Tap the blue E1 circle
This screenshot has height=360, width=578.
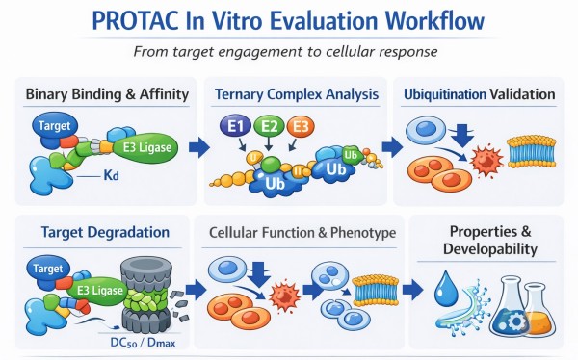(234, 126)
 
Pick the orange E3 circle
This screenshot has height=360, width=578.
(301, 126)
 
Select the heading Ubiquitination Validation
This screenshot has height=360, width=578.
(480, 94)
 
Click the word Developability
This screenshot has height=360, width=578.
(486, 249)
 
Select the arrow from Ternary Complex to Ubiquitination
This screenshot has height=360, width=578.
(393, 147)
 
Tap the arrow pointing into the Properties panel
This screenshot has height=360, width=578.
(408, 289)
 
